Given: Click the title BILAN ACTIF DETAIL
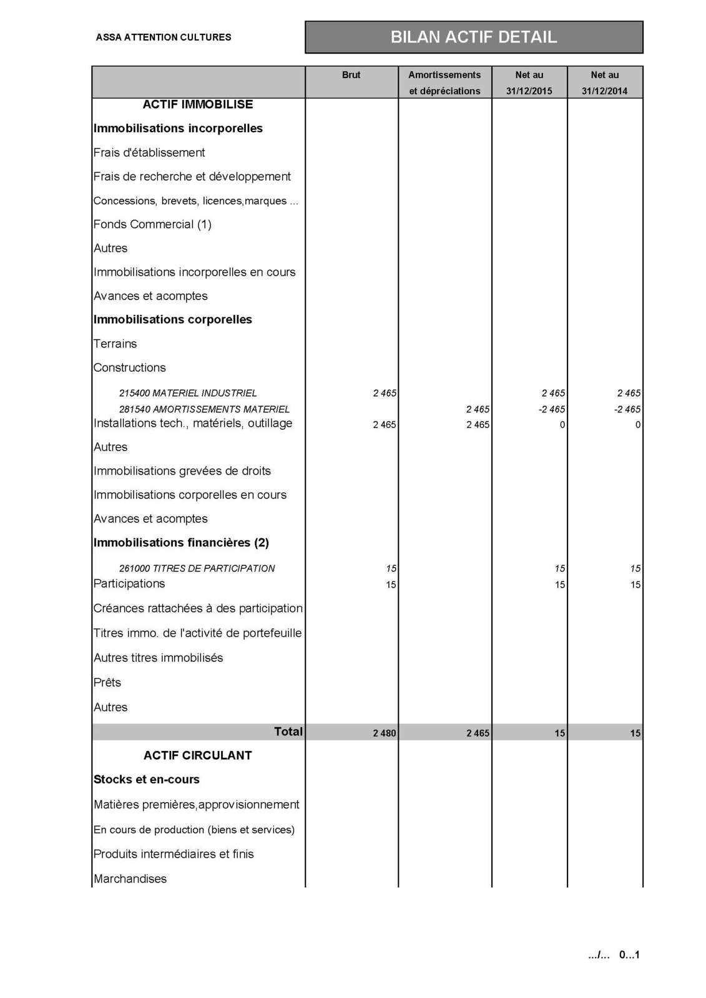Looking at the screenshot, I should point(473,37).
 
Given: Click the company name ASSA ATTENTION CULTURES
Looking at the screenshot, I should point(164,37).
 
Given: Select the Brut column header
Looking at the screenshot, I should point(351,75).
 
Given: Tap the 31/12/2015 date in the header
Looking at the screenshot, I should point(529,91).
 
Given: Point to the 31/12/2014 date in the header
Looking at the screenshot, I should point(604,91).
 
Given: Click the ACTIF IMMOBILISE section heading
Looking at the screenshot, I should point(198,104).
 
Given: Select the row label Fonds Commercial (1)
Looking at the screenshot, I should point(152,224).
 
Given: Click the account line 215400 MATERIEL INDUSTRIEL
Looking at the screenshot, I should point(188,393).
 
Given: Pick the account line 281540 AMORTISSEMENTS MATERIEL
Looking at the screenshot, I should point(204,409).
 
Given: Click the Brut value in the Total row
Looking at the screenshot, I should point(385,733).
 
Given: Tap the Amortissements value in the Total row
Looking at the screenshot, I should point(478,733).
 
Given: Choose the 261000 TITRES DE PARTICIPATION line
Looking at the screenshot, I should point(197,568).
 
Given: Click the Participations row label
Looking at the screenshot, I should point(129,584).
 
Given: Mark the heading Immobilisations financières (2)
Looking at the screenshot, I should point(181,543).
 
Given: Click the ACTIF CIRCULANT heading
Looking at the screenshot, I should point(198,755).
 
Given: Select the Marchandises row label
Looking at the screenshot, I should point(130,879).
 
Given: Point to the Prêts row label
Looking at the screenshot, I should point(107,682).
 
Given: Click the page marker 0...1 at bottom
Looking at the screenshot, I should point(629,955).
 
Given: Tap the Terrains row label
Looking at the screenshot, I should point(115,344).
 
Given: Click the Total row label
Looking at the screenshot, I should point(288,732).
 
